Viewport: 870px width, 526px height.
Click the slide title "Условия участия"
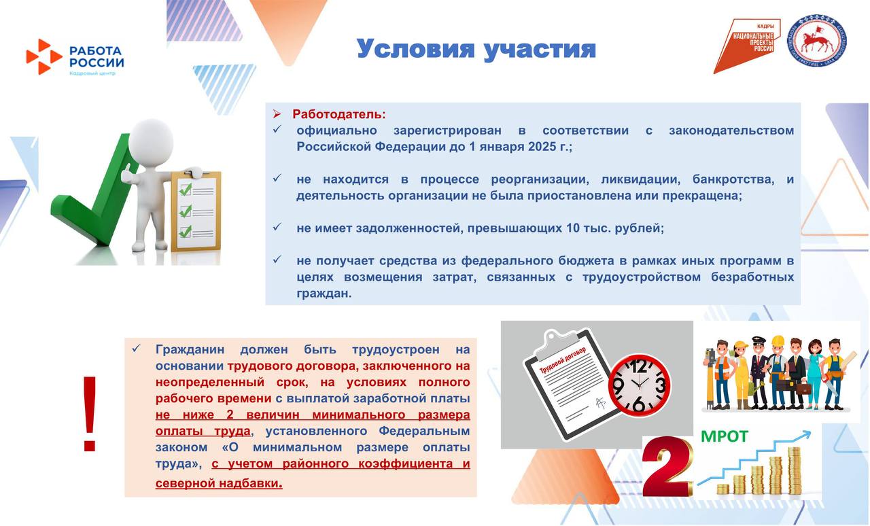[x=476, y=49]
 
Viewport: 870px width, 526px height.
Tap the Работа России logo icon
[x=43, y=56]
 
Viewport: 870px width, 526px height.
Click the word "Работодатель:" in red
[x=338, y=114]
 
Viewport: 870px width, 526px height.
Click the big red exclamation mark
[x=90, y=413]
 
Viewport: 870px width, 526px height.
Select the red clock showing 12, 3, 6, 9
[x=639, y=385]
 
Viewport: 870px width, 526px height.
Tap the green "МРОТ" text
[x=724, y=436]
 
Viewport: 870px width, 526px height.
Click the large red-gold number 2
[x=667, y=467]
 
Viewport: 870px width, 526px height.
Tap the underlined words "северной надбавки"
[x=217, y=483]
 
